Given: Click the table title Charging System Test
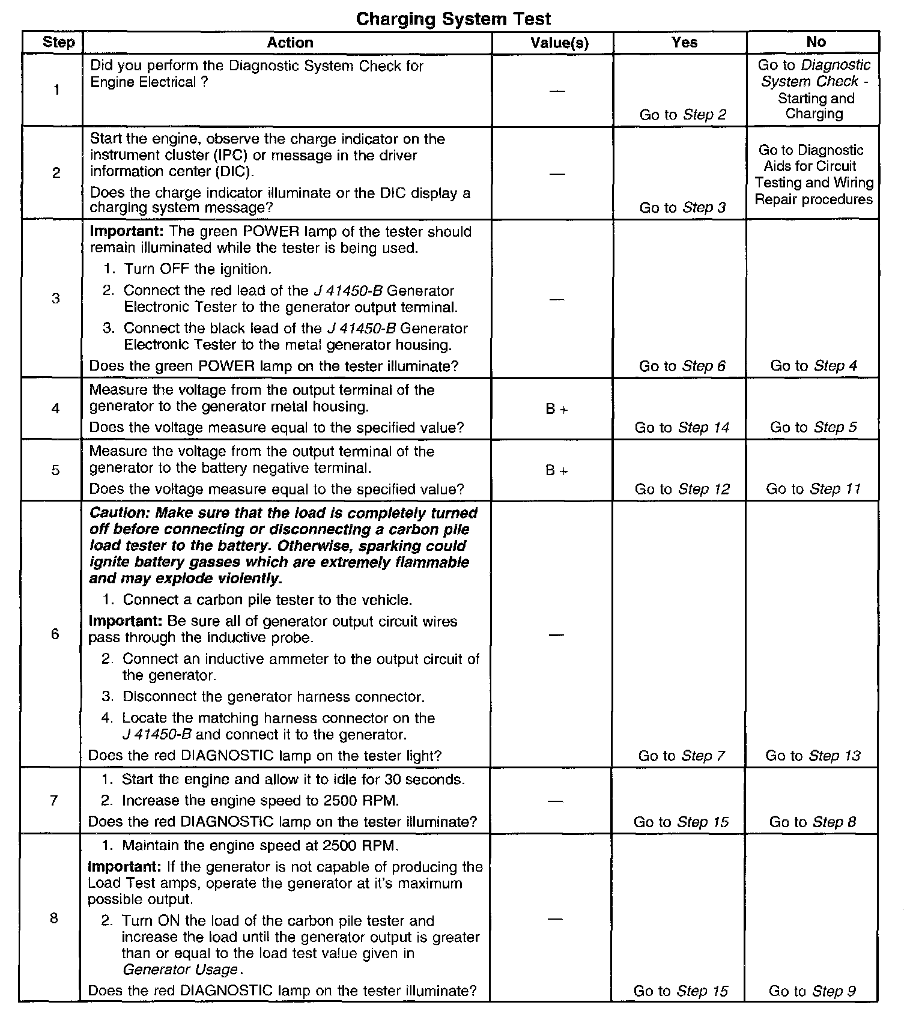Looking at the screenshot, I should point(453,19).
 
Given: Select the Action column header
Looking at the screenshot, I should point(290,43).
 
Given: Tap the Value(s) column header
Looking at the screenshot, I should point(559,43).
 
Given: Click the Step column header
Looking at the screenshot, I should point(58,42).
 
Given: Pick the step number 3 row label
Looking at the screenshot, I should point(56,299).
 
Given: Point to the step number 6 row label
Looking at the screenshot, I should point(55,634).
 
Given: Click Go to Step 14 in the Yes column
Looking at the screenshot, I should point(682,428).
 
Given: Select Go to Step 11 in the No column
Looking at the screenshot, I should point(813,489).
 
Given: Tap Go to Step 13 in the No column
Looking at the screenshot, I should point(813,756).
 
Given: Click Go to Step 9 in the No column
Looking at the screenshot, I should point(812,991).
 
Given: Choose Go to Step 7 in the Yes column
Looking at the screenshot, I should point(682,756).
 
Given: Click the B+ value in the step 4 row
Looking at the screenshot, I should point(557,410).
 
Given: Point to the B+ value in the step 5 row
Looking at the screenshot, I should point(557,471).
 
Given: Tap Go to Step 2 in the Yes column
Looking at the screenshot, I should point(682,115).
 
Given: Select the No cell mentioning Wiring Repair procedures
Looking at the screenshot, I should point(814,174).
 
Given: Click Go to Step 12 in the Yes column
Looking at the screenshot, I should point(682,489).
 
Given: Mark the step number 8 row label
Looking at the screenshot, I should point(54,918).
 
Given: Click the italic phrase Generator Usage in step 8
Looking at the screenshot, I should point(180,970).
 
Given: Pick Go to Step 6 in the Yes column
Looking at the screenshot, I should point(682,366).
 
